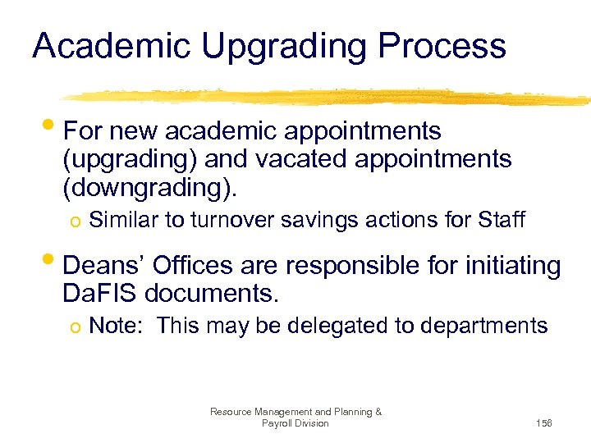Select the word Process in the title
click(444, 46)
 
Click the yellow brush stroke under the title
click(328, 98)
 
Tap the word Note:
click(116, 326)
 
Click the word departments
click(483, 327)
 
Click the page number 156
click(543, 423)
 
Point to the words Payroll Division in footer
click(295, 423)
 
